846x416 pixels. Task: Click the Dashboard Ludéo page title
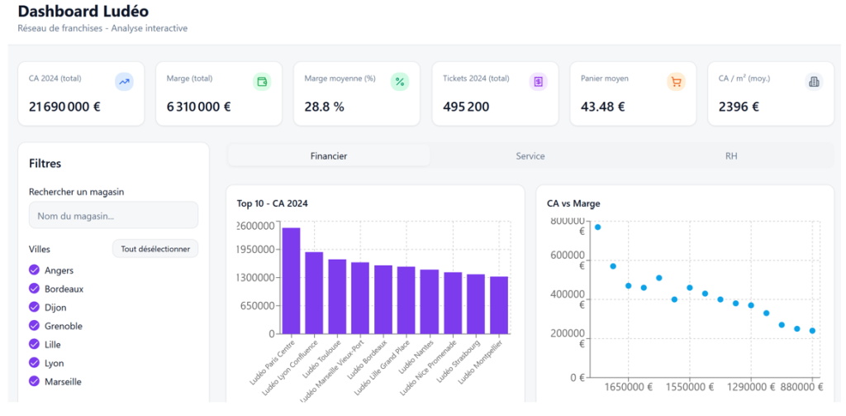tap(83, 12)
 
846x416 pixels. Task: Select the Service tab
tap(530, 155)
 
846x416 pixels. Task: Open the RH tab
tap(730, 155)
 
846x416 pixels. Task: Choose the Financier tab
tap(328, 155)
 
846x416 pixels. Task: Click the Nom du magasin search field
tap(113, 216)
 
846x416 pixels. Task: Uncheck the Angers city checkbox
tap(34, 270)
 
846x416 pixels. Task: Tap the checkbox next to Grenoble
tap(34, 326)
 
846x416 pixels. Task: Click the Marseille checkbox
tap(34, 381)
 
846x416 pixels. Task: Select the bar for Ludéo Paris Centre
tap(291, 280)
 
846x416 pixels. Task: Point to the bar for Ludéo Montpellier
tap(499, 304)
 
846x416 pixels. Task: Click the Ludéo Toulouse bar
tap(337, 296)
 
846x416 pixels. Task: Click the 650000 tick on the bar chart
tap(255, 305)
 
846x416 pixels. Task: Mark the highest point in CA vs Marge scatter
tap(597, 227)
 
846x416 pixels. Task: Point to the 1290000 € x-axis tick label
tap(751, 386)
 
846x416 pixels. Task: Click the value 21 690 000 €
tap(64, 107)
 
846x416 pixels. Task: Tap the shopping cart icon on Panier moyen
tap(676, 82)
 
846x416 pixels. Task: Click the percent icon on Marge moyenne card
tap(400, 82)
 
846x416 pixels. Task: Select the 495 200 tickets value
tap(465, 107)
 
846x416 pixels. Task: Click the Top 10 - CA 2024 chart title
tap(272, 203)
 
